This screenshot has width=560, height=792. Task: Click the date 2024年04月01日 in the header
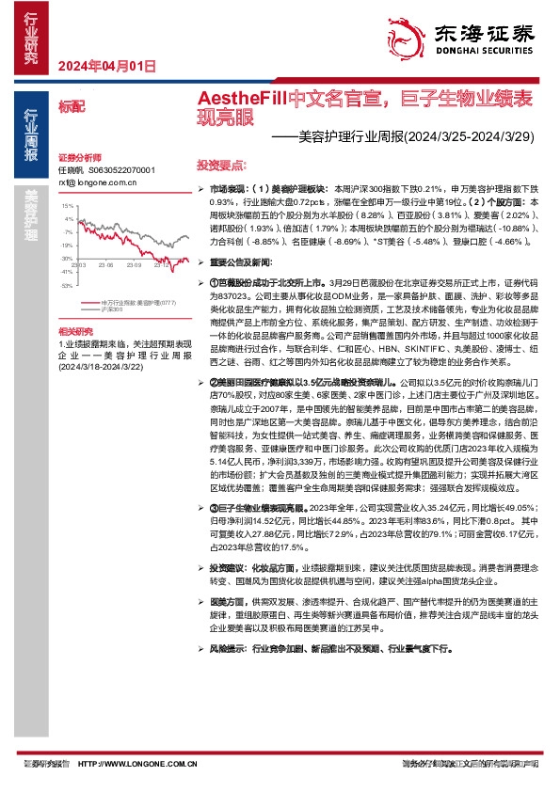(x=105, y=66)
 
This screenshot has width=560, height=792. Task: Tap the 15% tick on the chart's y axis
(x=67, y=205)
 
